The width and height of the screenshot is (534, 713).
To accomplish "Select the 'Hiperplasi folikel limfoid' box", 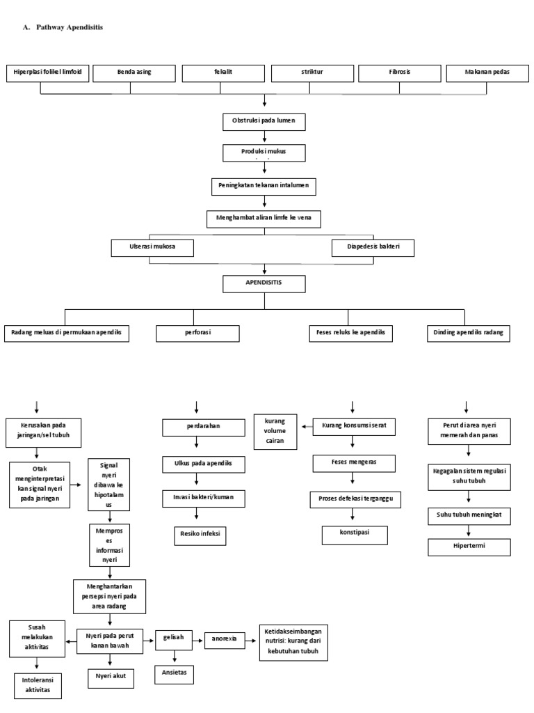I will pos(47,72).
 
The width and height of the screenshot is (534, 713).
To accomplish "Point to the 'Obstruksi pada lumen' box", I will pos(264,121).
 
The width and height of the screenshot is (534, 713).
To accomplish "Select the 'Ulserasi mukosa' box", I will pos(152,246).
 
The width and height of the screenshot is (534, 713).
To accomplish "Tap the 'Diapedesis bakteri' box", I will pos(373,246).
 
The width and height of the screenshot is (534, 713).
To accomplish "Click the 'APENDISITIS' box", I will pos(264,283).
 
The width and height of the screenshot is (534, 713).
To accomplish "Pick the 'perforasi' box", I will pos(197,333).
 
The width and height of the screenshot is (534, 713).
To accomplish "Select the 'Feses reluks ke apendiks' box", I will pos(350,333).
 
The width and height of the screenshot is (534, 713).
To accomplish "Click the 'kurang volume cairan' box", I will pos(275,430).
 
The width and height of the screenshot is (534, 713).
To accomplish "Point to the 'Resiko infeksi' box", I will pos(200,534).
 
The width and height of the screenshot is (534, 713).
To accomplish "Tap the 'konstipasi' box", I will pos(354,534).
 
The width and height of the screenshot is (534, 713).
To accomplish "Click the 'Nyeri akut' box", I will pos(110,677).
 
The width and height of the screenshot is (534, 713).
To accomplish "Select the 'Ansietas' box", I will pos(175,674).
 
